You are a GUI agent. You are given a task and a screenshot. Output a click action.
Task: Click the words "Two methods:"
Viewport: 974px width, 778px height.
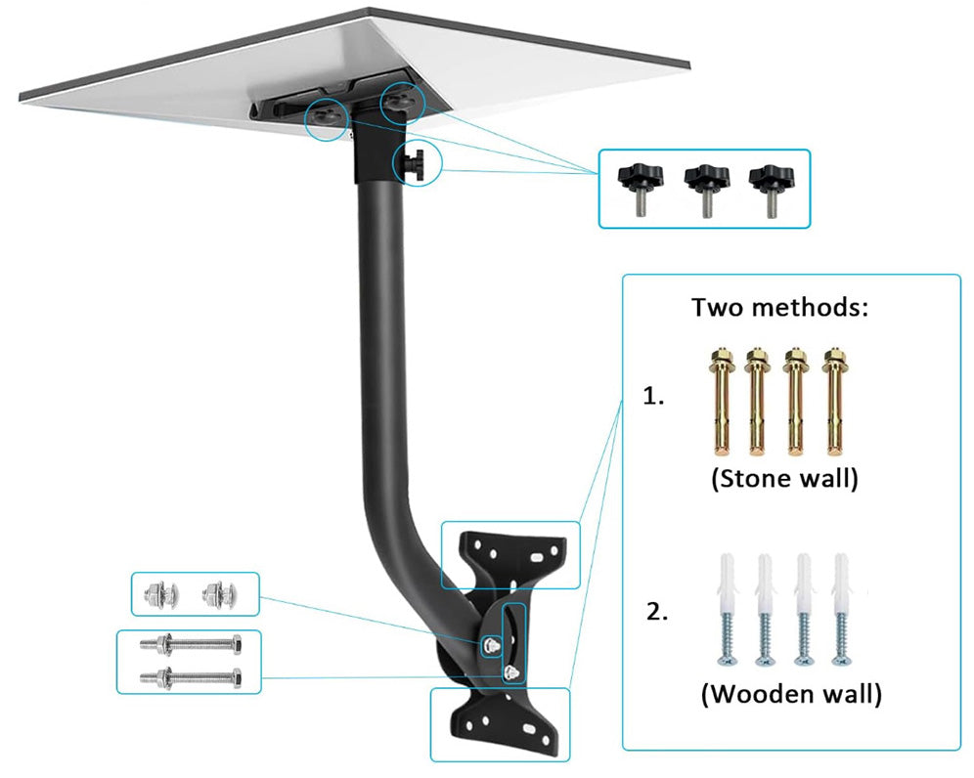780,307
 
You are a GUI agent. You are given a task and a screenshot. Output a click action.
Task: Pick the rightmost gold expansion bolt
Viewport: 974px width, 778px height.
833,400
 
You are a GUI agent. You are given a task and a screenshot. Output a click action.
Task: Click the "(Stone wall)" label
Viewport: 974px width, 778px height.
784,480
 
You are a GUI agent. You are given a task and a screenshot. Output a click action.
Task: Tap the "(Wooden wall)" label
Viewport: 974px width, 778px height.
791,695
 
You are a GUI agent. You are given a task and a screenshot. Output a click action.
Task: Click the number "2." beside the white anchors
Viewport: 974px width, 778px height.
657,613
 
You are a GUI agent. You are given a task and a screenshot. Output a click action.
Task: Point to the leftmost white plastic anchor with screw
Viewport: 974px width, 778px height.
729,610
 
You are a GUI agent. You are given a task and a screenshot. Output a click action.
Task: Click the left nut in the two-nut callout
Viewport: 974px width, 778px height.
158,592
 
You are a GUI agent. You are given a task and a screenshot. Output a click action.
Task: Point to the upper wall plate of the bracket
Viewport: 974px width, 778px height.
509,554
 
